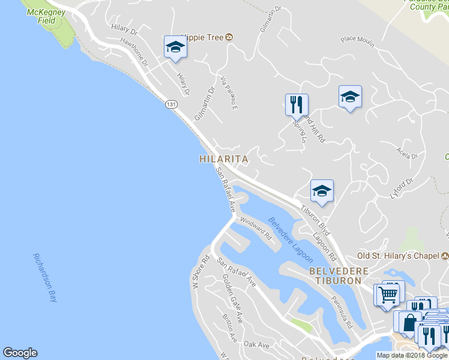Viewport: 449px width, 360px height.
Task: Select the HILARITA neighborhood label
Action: pos(223,160)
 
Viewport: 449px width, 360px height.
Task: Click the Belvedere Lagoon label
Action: pos(290,239)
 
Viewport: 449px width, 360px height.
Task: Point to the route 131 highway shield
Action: pos(172,104)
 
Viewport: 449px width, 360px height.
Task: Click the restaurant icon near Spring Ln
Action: pos(297,104)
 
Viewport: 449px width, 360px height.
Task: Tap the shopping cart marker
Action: pos(387,295)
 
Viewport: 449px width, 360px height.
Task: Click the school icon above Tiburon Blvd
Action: pos(322,191)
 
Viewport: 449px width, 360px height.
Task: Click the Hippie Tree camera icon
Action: pos(229,37)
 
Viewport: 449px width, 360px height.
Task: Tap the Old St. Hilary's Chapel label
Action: pos(399,256)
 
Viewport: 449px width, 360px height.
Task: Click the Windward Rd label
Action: pos(256,228)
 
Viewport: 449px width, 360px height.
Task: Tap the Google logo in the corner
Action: pos(20,353)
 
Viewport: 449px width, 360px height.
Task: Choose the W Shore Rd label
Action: pos(200,273)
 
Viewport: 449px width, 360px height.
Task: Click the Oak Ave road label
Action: pos(256,344)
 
